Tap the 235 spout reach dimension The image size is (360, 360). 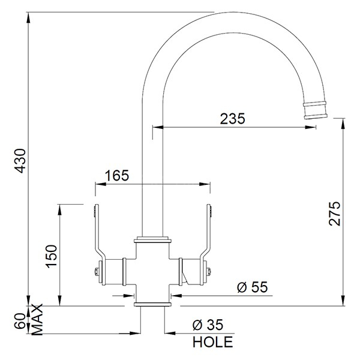click(233, 119)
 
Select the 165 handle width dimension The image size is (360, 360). click(117, 176)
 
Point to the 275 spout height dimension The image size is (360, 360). click(335, 214)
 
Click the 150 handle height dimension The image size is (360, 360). click(52, 256)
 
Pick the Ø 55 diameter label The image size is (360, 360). click(253, 287)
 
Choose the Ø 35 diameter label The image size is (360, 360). click(208, 325)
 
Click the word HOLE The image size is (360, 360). click(213, 341)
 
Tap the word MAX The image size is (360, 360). click(37, 319)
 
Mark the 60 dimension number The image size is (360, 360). click(21, 321)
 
